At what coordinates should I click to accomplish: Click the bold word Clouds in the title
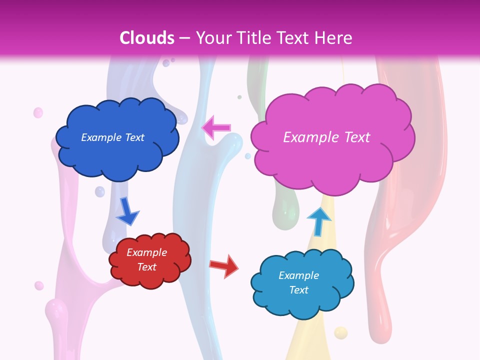(147, 38)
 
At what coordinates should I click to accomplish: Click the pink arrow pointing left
(217, 127)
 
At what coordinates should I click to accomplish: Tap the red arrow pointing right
(224, 266)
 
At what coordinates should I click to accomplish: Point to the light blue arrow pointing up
(318, 221)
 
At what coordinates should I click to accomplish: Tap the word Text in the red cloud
(147, 267)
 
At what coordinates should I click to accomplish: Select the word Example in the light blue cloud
(298, 275)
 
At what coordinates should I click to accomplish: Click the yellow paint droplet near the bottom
(340, 332)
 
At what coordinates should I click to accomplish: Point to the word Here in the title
(335, 38)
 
